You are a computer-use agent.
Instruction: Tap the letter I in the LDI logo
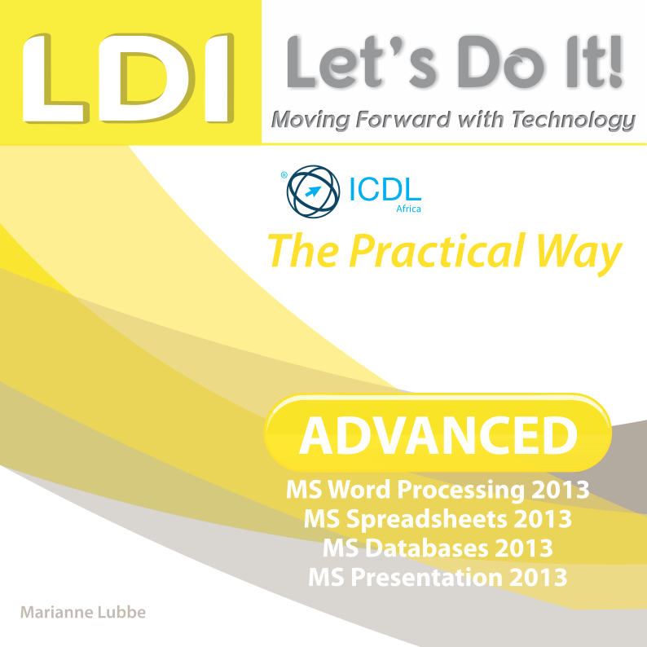(x=219, y=77)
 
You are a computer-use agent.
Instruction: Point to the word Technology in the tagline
(x=574, y=121)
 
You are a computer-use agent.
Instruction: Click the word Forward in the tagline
(x=403, y=119)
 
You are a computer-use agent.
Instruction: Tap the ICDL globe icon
(x=313, y=191)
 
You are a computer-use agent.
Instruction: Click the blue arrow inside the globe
(x=313, y=191)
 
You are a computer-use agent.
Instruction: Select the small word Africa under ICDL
(x=408, y=209)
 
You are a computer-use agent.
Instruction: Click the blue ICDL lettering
(x=385, y=189)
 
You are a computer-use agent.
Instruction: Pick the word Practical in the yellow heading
(x=437, y=252)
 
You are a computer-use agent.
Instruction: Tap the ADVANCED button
(x=438, y=433)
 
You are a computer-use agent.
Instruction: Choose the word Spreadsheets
(x=427, y=520)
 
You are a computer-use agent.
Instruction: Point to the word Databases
(x=426, y=548)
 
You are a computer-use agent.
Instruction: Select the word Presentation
(x=427, y=577)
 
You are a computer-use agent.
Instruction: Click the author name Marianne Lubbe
(x=83, y=612)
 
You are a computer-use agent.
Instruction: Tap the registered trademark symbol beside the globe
(x=284, y=175)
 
